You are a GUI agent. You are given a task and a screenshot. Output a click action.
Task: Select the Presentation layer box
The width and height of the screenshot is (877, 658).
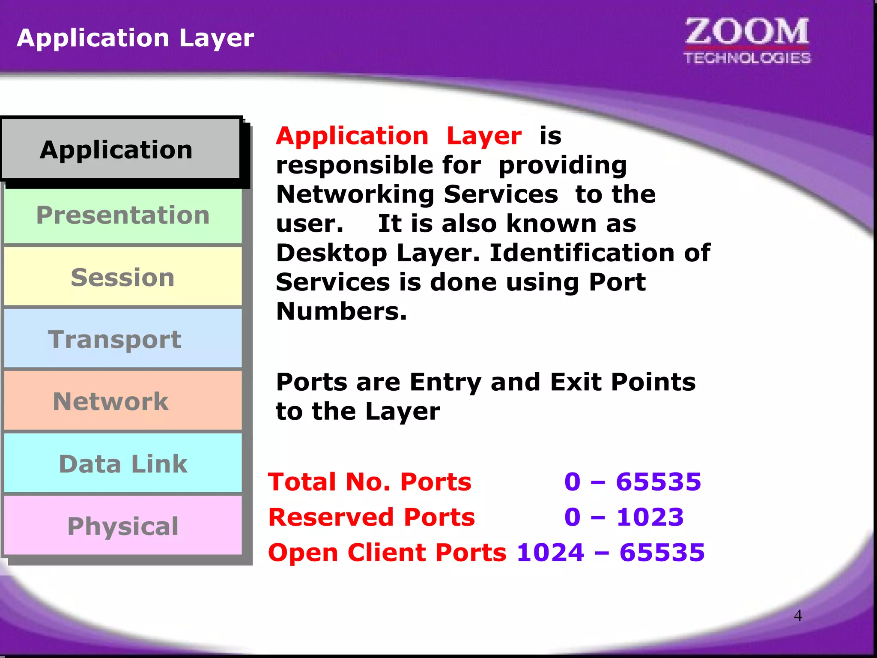point(123,215)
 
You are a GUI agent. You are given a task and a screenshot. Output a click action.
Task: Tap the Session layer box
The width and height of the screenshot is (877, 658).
point(123,277)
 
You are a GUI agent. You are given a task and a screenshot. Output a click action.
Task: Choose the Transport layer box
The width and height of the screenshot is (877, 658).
point(123,339)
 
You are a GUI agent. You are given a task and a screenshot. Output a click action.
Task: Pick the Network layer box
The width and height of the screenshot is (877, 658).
point(123,401)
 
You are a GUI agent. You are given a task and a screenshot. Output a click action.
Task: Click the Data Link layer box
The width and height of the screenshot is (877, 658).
point(123,464)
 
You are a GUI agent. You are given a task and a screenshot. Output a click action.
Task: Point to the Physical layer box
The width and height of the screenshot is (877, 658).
point(123,526)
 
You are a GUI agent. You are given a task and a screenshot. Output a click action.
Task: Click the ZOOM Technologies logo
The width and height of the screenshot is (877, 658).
point(747,41)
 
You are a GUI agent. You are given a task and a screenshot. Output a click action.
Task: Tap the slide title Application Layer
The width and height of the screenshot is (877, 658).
point(135,38)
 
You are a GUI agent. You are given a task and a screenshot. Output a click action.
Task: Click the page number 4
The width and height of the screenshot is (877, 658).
point(798,616)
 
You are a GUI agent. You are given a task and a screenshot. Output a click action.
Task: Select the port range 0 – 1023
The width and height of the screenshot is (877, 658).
point(624,517)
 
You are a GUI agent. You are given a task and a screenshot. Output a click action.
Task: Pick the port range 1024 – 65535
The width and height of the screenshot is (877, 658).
point(611,552)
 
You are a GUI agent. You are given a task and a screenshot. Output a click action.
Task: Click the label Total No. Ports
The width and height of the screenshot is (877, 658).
point(370,482)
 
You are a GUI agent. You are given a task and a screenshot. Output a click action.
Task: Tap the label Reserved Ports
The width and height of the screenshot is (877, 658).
point(371,517)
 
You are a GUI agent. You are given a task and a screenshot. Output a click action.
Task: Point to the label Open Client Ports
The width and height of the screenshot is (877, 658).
point(387,552)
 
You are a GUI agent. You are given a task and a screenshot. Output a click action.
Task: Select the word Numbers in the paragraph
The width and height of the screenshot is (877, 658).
point(341,311)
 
